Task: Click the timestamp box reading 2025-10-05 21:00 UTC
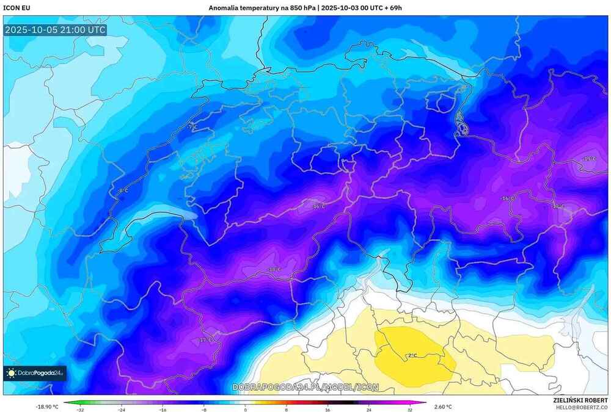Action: pos(55,29)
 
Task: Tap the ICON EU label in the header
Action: pos(16,8)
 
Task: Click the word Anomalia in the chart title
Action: pos(225,8)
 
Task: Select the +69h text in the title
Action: pos(391,8)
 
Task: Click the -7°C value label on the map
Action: pos(193,127)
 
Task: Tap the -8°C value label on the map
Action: pos(123,191)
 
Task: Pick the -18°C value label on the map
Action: pos(275,269)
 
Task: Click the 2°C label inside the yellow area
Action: pos(412,355)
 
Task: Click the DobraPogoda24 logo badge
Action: pos(35,373)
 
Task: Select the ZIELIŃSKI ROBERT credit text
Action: pos(580,399)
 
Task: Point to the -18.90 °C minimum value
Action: pos(47,407)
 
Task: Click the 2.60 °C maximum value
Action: pos(442,407)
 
